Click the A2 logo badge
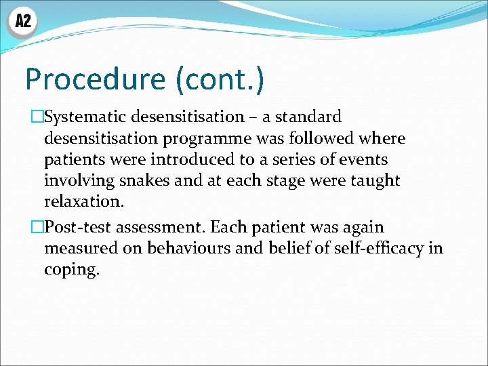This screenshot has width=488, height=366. coord(23,22)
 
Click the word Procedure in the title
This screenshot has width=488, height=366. coord(94,79)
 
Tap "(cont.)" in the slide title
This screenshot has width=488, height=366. coord(220,79)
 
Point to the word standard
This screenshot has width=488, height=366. coord(310,117)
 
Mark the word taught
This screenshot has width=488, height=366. coord(375,181)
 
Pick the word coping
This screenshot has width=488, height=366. coord(71,270)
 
